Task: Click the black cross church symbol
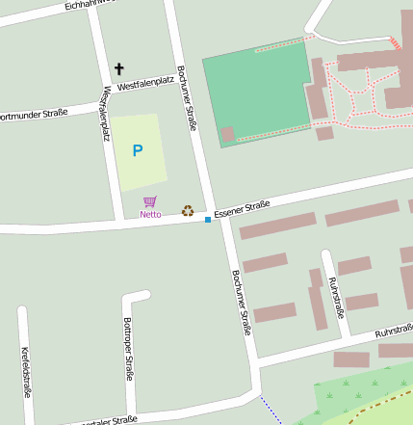click(119, 68)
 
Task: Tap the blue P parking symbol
click(137, 150)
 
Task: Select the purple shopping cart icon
click(149, 201)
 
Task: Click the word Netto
click(150, 214)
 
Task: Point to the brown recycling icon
click(188, 210)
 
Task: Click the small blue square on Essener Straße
click(207, 220)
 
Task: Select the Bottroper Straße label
click(128, 349)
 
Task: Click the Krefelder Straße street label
click(26, 371)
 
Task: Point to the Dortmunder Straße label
click(34, 115)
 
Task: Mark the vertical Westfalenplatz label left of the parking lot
click(106, 112)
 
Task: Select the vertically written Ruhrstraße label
click(336, 297)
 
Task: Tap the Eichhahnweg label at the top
click(87, 5)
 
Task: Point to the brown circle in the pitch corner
click(227, 134)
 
